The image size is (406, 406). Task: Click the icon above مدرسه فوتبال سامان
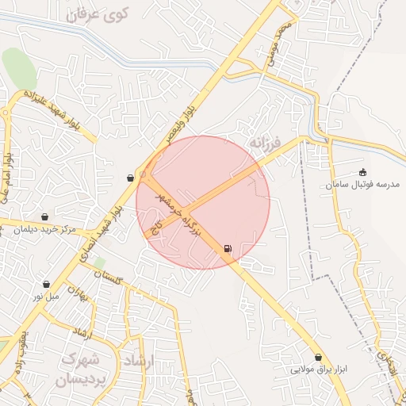click(x=363, y=171)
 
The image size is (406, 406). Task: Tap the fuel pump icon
click(x=228, y=249)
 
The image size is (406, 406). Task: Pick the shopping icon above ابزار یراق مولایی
click(x=319, y=358)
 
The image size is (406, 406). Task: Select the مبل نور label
click(x=45, y=296)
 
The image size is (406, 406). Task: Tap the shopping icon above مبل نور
click(x=46, y=283)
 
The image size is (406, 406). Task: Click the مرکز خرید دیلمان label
click(x=44, y=229)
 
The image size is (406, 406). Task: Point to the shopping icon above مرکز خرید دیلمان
click(x=45, y=216)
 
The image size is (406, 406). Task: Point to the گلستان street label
click(x=111, y=276)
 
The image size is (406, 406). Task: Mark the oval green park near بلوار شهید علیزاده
click(x=20, y=68)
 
